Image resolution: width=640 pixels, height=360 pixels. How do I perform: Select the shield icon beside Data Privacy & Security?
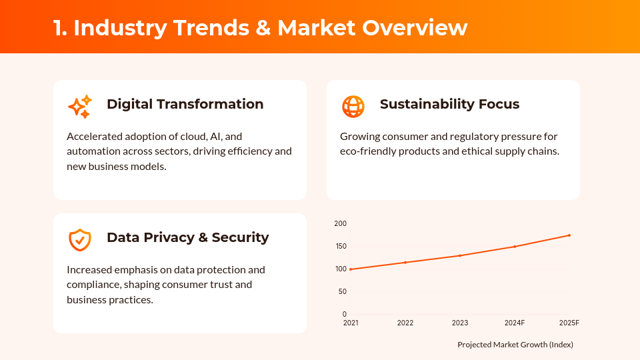[80, 239]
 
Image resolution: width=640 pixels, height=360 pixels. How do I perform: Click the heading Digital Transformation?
[185, 105]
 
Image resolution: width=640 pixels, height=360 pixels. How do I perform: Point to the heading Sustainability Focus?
[449, 105]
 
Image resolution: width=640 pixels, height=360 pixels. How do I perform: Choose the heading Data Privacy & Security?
[187, 237]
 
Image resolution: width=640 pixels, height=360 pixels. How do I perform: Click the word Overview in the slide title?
[415, 27]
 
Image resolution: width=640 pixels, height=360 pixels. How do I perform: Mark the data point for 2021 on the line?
[351, 269]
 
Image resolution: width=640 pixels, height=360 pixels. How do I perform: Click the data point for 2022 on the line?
[405, 263]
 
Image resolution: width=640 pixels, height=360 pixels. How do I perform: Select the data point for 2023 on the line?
[460, 255]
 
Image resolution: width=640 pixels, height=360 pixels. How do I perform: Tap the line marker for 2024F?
[515, 247]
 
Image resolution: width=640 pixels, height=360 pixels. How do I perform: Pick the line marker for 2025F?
[569, 235]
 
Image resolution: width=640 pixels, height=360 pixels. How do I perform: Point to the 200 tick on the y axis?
[341, 224]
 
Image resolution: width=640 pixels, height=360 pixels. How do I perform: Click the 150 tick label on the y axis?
[341, 247]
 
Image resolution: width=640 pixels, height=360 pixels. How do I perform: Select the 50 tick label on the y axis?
[343, 292]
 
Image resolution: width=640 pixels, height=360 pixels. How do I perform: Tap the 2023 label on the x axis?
[460, 323]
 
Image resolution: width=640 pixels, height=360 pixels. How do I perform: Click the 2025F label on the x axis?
[569, 323]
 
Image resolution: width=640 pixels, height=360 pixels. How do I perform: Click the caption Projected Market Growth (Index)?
[515, 345]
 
